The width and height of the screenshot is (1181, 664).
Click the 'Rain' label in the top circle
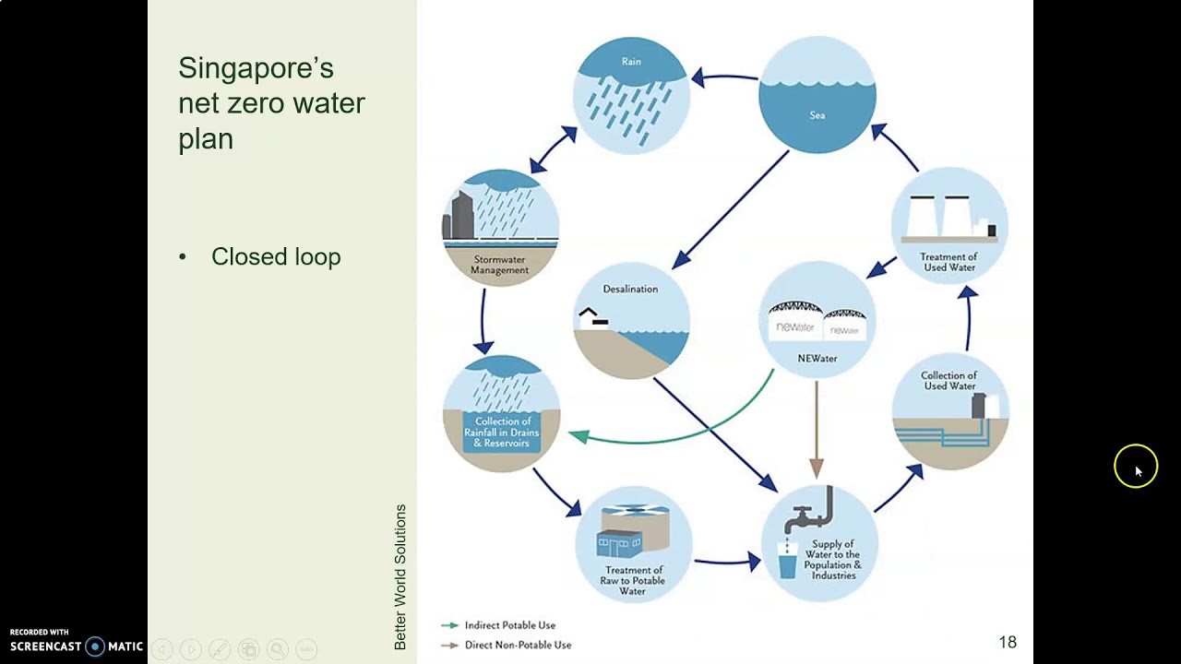(631, 62)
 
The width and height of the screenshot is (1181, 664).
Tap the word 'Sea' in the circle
(817, 115)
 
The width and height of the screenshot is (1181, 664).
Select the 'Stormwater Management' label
(500, 265)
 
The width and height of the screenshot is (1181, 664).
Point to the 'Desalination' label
(630, 289)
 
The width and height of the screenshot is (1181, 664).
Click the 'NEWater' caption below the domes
(817, 358)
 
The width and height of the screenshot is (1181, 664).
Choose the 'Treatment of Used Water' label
(948, 262)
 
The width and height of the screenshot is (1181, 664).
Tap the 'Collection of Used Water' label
(948, 381)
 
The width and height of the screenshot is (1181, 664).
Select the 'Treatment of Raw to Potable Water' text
(632, 580)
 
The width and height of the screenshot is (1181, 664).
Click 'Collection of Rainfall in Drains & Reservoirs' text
(502, 433)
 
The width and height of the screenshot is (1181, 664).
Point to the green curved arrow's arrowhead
(579, 436)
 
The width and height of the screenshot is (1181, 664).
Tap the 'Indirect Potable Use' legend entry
(509, 625)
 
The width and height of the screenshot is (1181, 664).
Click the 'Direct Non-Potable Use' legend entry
(518, 645)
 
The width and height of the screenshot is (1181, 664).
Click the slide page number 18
(1007, 642)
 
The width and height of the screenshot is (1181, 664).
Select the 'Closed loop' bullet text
(276, 256)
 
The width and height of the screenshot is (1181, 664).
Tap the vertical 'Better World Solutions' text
(400, 576)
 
